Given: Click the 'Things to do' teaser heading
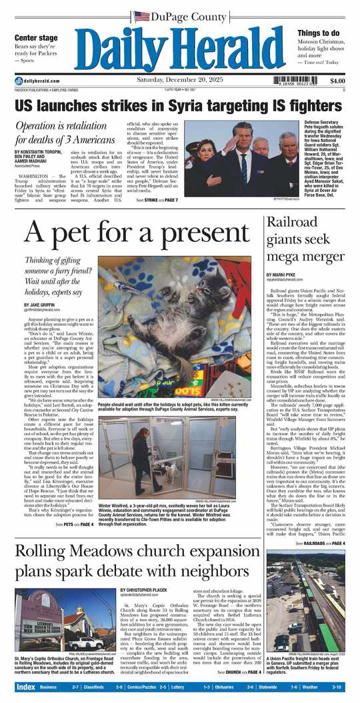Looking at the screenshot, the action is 319,33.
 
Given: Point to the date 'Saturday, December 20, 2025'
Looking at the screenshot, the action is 179,81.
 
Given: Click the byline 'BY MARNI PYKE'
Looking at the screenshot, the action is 282,275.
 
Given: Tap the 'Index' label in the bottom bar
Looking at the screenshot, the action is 25,686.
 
